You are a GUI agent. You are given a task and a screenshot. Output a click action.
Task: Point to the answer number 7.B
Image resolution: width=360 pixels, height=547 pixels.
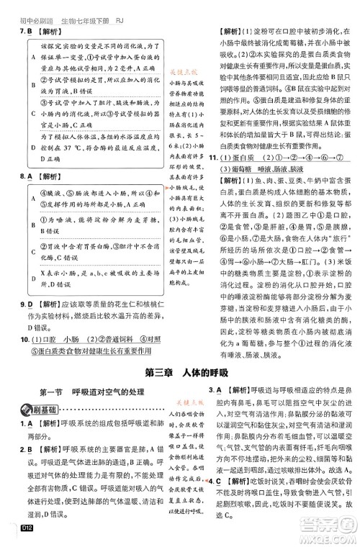coord(16,32)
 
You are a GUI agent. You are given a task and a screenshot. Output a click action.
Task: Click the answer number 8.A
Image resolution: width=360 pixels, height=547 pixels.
coord(16,175)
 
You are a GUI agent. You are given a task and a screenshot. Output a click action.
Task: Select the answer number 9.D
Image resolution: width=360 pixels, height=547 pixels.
coord(16,285)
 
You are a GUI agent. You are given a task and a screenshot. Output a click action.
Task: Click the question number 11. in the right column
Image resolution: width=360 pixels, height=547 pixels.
coord(215,157)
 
